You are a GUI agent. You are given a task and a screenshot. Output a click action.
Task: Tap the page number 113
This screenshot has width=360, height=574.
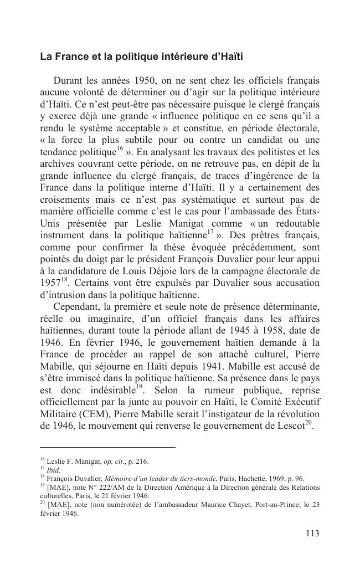pyautogui.click(x=312, y=534)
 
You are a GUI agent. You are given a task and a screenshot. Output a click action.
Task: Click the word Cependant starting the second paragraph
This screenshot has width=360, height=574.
pyautogui.click(x=78, y=306)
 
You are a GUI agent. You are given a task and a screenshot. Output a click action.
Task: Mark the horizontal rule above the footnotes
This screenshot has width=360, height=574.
pyautogui.click(x=107, y=447)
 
